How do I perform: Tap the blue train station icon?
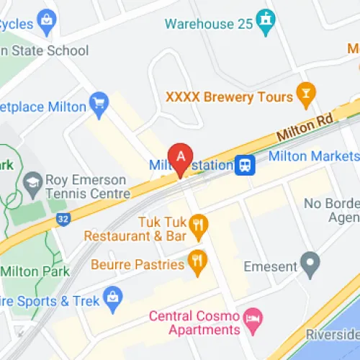pos(246,165)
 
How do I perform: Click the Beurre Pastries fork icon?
pos(197,261)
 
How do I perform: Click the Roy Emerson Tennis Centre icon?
pos(32,180)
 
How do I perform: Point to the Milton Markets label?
pos(313,156)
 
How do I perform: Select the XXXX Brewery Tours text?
pos(229,96)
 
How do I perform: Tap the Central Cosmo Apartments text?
pos(194,323)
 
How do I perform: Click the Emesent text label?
pos(271,266)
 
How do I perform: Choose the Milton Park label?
pos(35,271)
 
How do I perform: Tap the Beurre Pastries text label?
pos(137,265)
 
